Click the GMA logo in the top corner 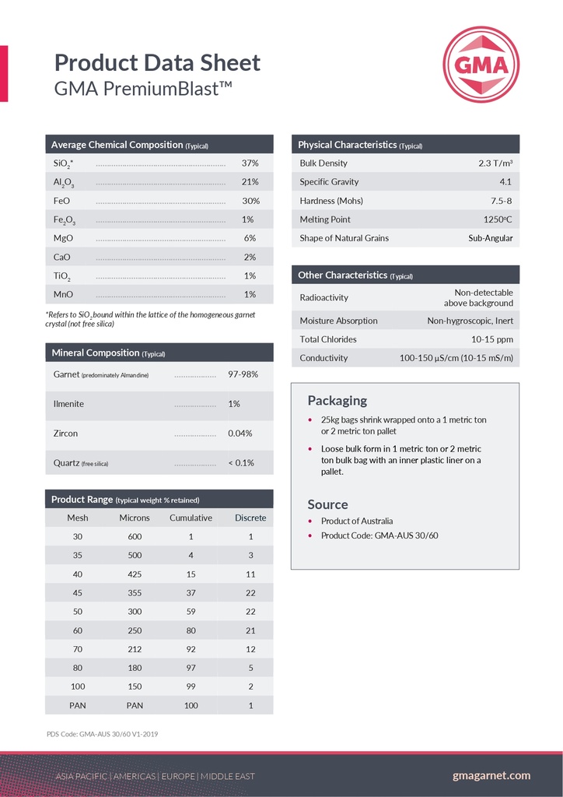point(481,65)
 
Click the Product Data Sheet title point(157,62)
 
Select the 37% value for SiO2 point(250,163)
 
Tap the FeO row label point(61,201)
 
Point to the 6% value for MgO point(250,238)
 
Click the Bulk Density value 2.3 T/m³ point(495,163)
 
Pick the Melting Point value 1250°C point(498,219)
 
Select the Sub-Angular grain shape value point(490,238)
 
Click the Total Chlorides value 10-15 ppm point(492,339)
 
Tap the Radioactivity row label point(324,297)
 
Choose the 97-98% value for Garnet point(243,374)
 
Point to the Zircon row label point(66,434)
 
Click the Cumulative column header point(191,518)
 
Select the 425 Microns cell point(135,574)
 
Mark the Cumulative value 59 point(191,612)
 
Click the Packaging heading point(337,401)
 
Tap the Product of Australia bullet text point(357,521)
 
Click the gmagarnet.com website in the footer point(491,775)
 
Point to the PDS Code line point(102,733)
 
